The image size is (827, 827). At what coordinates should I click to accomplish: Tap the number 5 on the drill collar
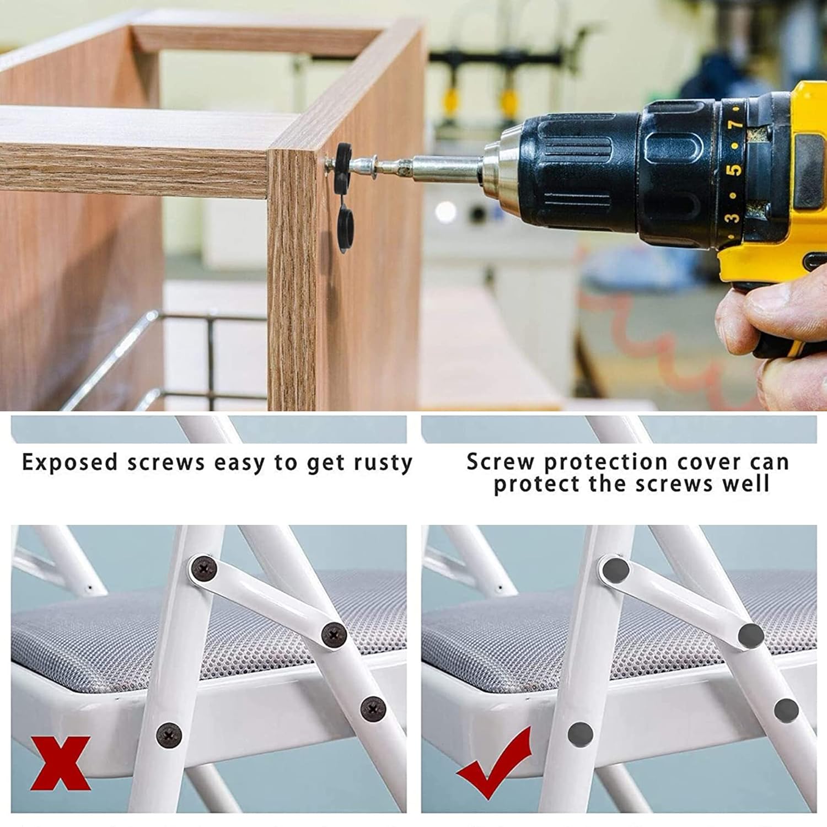[734, 168]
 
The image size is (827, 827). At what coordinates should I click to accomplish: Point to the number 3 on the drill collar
[732, 217]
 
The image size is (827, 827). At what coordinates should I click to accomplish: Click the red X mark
[60, 764]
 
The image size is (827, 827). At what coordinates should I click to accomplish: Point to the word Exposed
[70, 462]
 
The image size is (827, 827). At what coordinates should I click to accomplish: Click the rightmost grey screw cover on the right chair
[786, 710]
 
